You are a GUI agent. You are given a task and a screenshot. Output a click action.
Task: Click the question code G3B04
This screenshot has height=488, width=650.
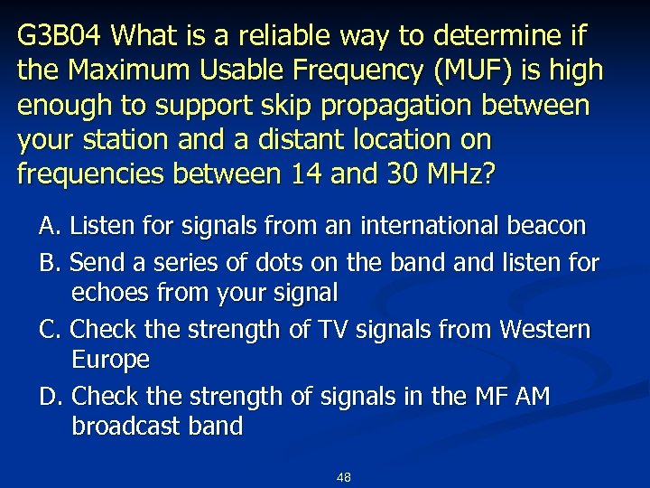point(62,36)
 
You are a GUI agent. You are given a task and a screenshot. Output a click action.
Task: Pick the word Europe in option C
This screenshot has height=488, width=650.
point(110,360)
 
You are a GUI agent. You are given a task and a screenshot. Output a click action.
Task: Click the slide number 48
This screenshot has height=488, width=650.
point(343,476)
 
